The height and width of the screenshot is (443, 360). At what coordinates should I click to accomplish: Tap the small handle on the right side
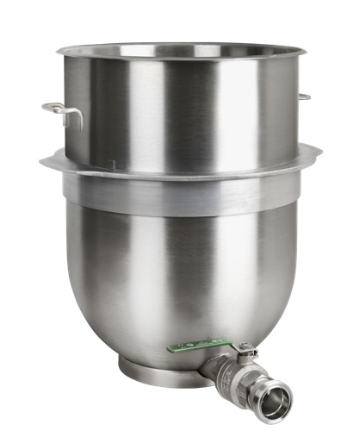pos(304,97)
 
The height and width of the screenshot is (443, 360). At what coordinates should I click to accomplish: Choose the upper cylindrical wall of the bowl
pos(181,112)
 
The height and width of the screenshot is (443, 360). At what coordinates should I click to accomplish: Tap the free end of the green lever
pos(172,349)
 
